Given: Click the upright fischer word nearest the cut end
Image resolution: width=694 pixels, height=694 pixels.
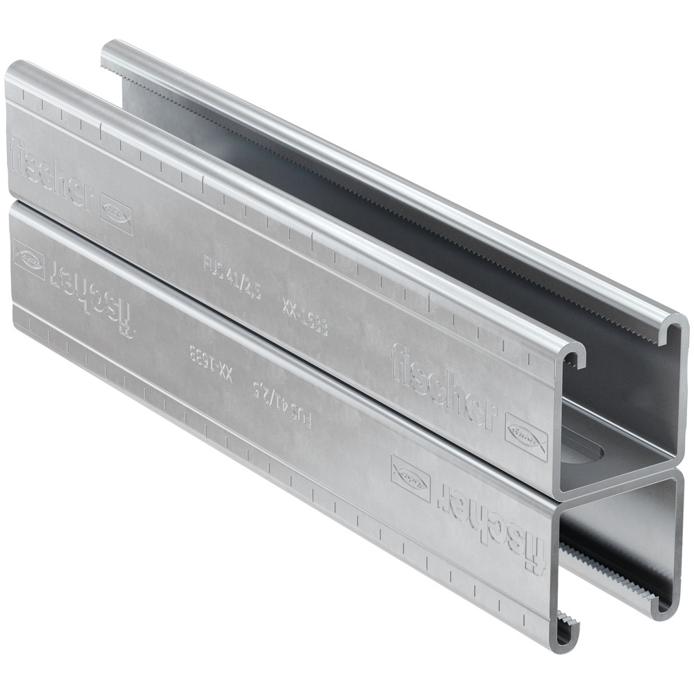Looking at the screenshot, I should tap(444, 386).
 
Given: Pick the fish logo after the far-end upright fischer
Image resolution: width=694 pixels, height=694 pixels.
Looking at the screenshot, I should tap(116, 211).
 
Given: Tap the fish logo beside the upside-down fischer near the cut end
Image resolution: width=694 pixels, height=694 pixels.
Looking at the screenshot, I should tap(411, 477).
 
